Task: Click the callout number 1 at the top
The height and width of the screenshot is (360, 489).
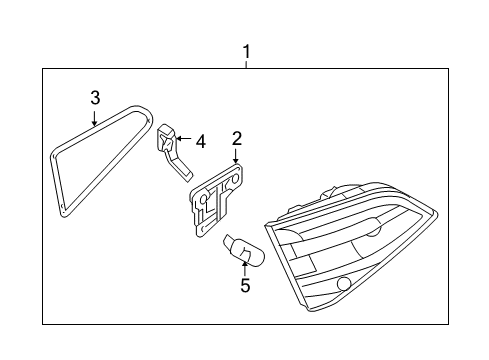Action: (x=246, y=52)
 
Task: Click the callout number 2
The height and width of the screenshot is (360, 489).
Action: (x=237, y=138)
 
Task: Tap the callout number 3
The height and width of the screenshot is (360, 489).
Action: (x=95, y=98)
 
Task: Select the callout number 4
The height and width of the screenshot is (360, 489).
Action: (x=201, y=142)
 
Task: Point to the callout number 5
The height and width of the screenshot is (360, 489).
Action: (x=245, y=286)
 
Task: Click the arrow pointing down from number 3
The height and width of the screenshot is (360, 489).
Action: (x=95, y=118)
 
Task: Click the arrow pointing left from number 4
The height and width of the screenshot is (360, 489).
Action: (x=184, y=138)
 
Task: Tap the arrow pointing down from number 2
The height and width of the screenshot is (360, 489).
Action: (x=236, y=156)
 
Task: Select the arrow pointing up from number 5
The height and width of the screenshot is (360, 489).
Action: (x=245, y=268)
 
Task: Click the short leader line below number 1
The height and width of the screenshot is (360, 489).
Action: (x=246, y=64)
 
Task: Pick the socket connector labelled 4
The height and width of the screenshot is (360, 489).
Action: (x=173, y=152)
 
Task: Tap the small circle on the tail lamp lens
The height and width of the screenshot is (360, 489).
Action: (x=343, y=284)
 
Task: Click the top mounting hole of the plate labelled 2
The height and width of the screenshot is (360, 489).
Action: (x=235, y=179)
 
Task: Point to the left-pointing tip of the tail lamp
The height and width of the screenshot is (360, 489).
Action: (x=265, y=226)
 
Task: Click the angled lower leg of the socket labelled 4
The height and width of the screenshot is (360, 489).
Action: (x=180, y=168)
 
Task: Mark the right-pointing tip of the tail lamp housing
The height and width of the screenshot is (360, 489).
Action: (x=438, y=213)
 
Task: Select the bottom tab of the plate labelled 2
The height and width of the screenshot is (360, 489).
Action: (x=202, y=230)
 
